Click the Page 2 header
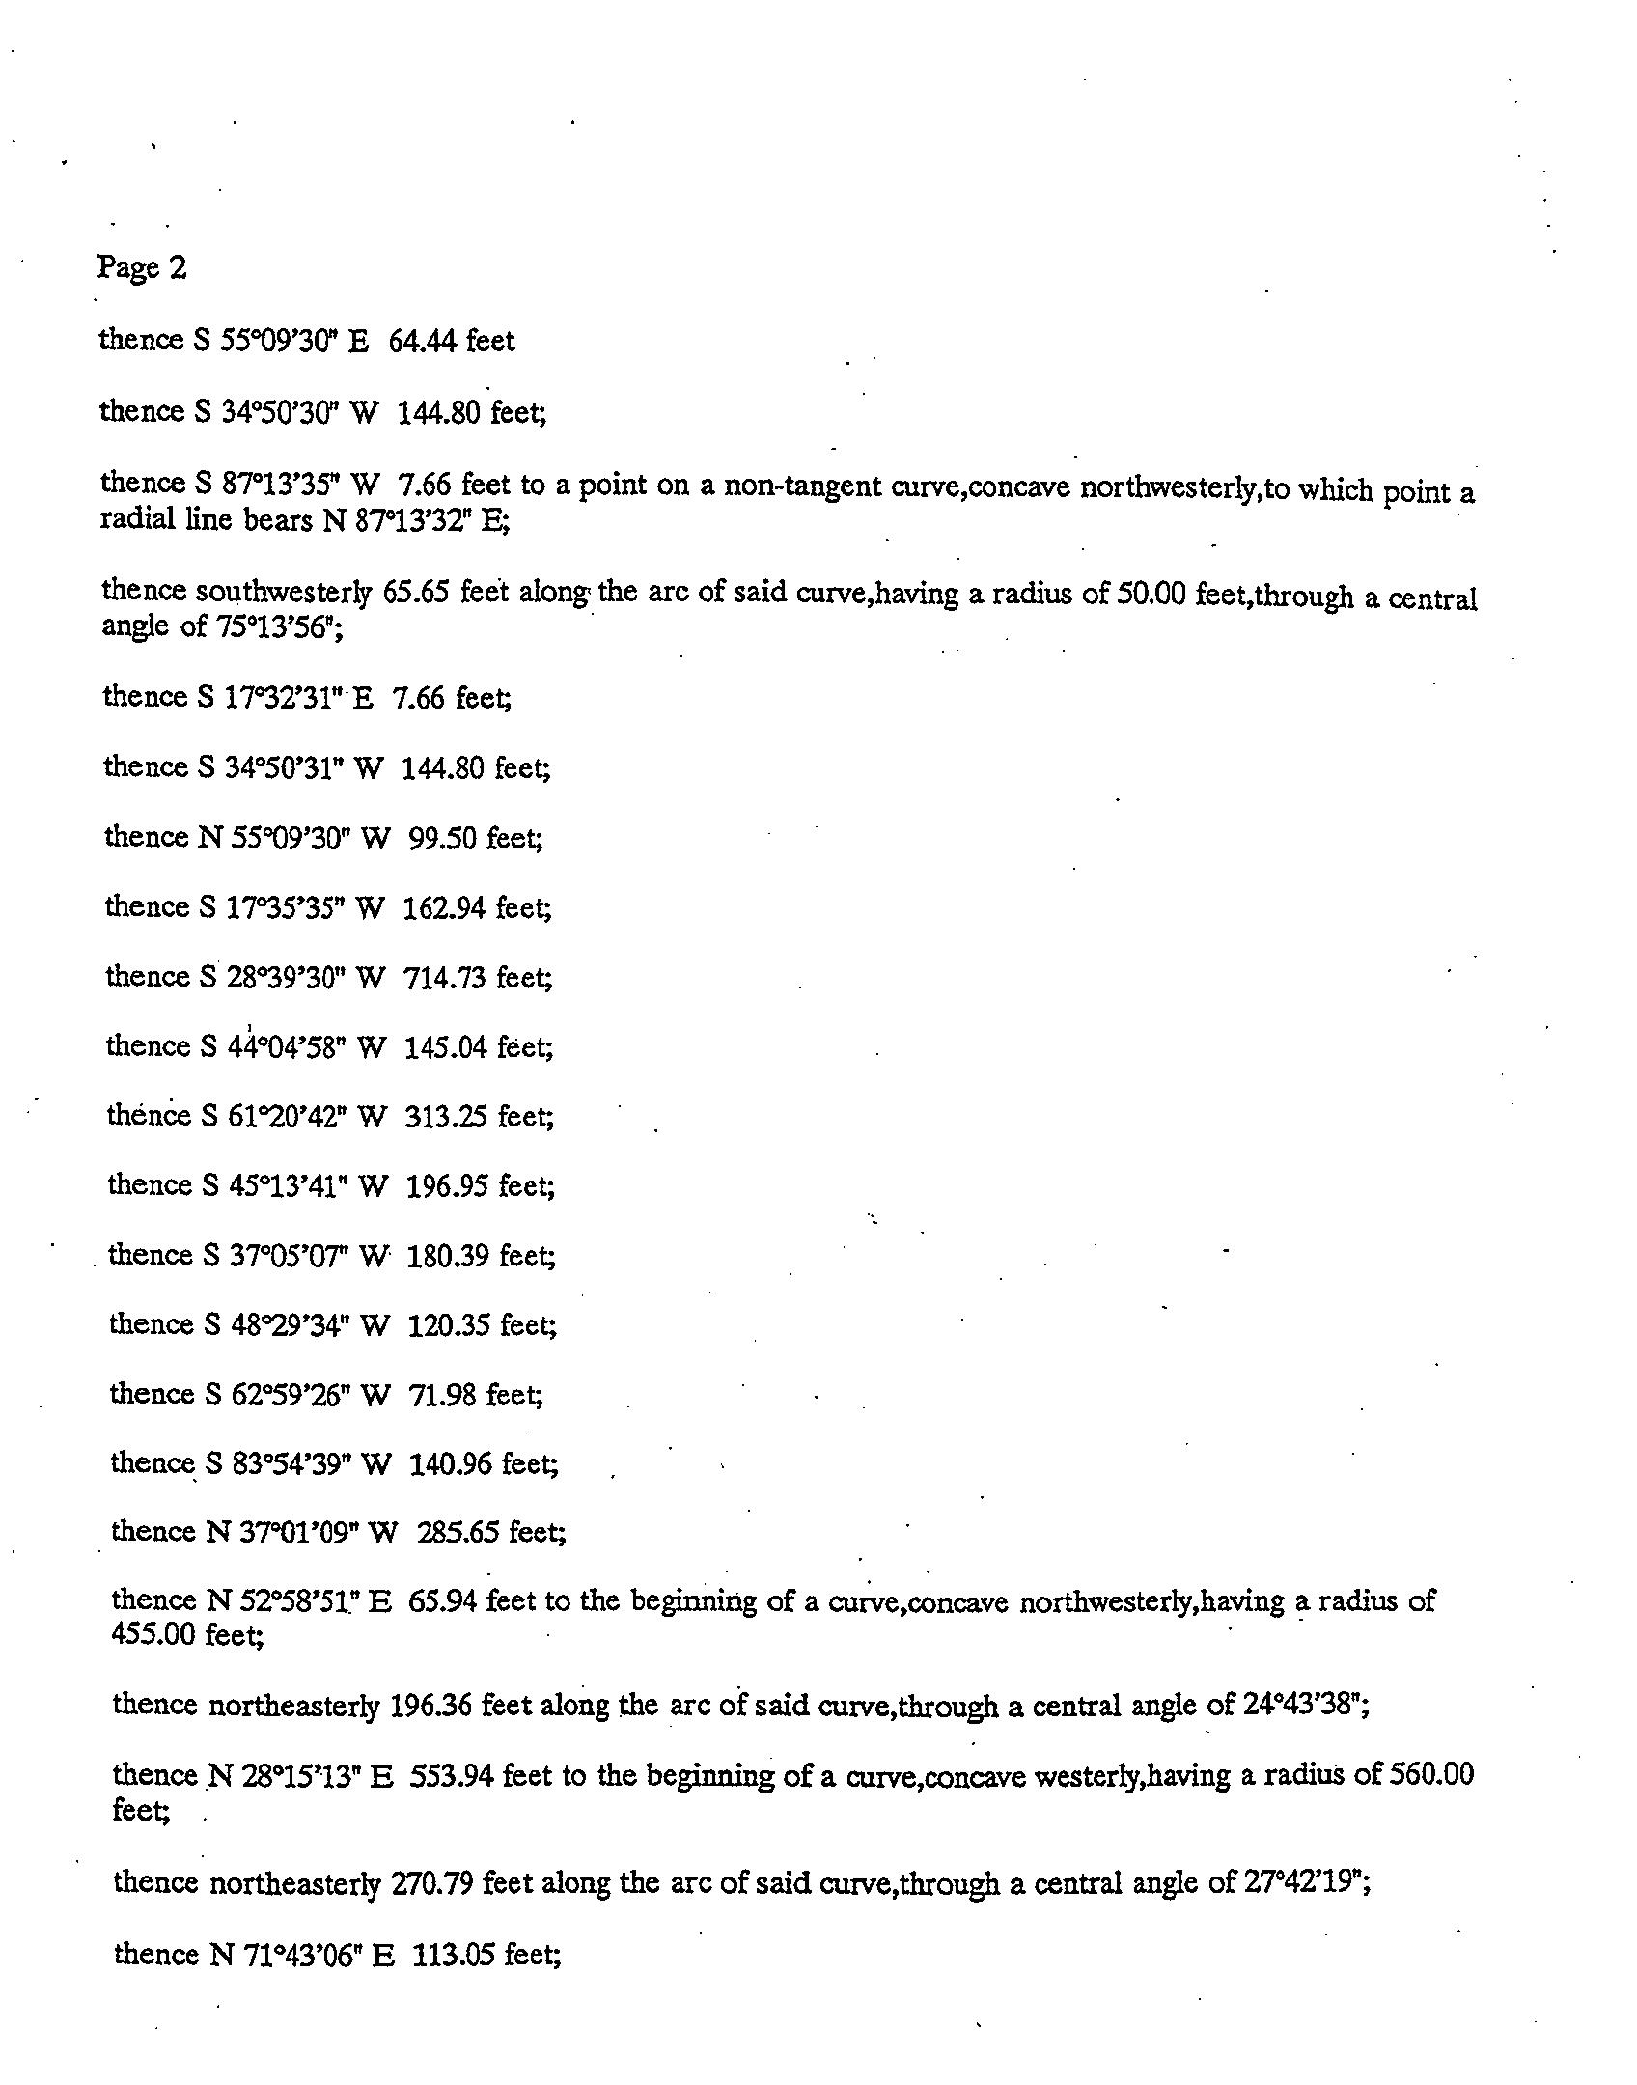[141, 267]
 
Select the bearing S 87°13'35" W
[291, 483]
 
